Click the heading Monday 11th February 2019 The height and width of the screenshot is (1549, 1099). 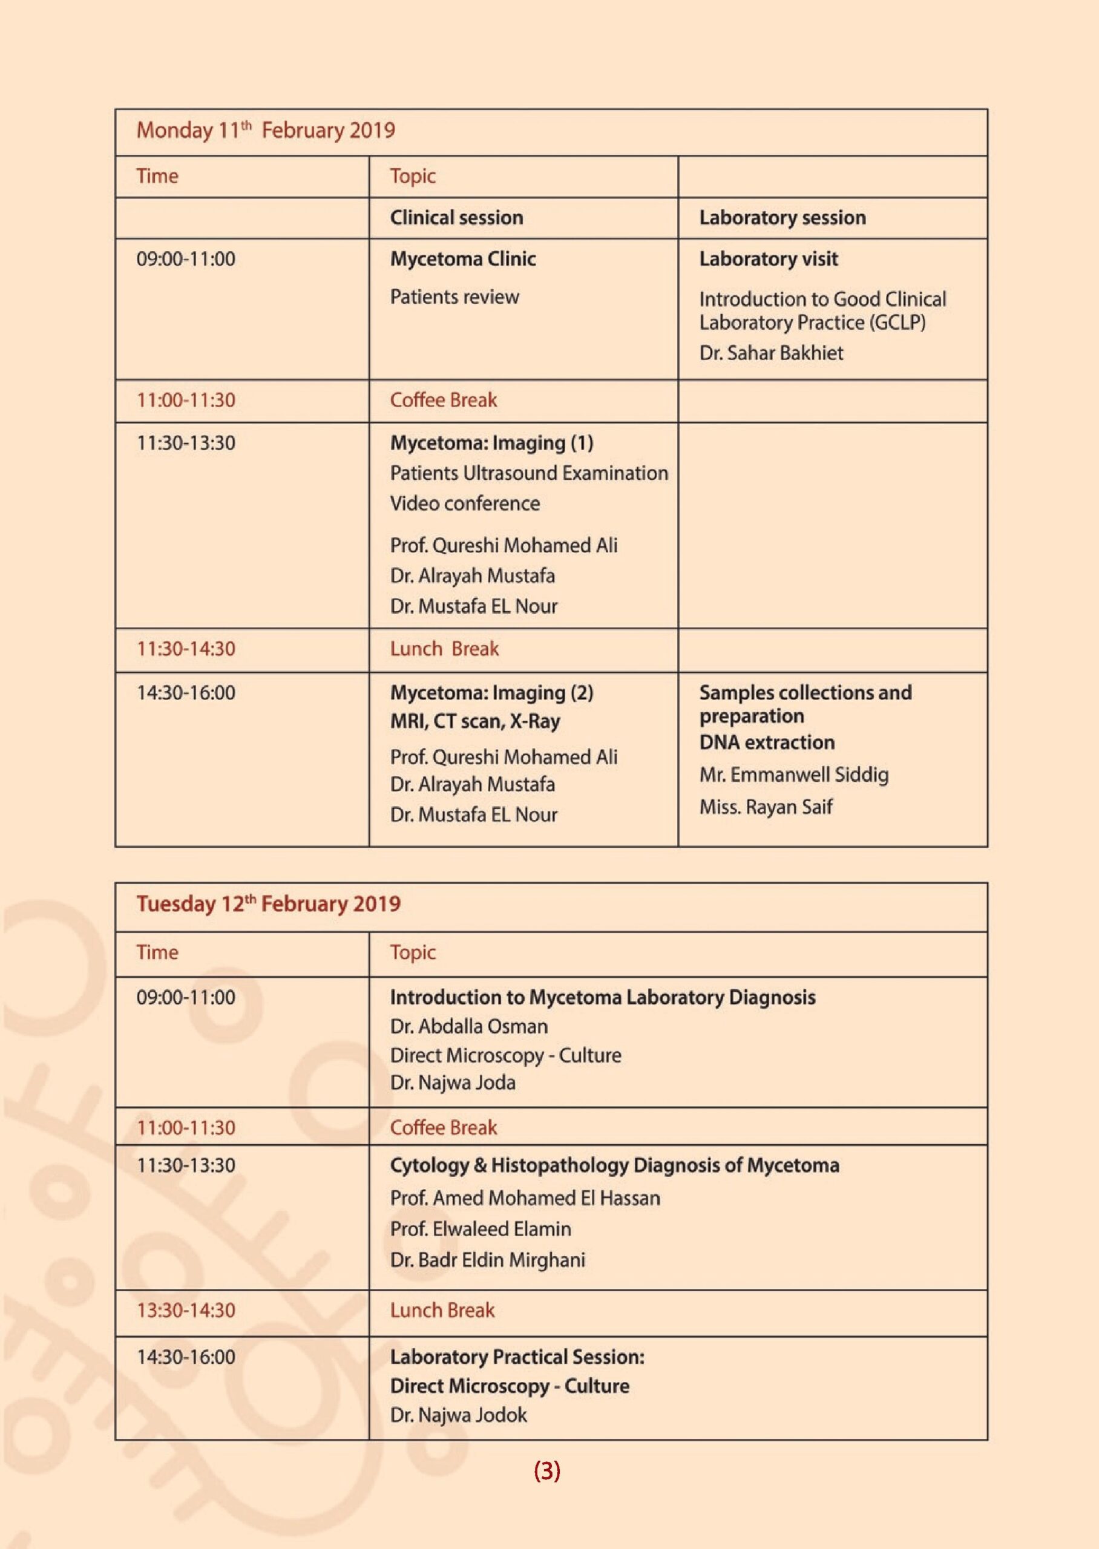click(x=265, y=130)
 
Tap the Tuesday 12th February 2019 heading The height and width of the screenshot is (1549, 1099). click(x=268, y=904)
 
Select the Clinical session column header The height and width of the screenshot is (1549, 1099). click(x=456, y=217)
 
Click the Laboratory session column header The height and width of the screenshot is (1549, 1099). click(x=782, y=217)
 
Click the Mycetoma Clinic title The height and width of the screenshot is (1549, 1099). click(x=463, y=258)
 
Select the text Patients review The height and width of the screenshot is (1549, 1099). click(x=454, y=296)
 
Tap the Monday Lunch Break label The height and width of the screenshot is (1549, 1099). click(x=444, y=649)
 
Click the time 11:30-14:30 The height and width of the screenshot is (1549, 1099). click(x=186, y=649)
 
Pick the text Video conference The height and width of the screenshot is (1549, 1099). click(x=465, y=503)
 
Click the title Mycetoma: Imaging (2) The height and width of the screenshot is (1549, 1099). click(x=491, y=693)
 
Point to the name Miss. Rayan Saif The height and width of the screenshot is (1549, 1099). click(x=766, y=807)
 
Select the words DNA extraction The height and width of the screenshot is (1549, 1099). click(x=767, y=742)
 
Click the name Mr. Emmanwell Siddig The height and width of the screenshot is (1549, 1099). click(x=794, y=774)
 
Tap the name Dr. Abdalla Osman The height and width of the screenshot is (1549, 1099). click(x=468, y=1026)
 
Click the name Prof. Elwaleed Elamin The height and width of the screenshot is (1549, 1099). click(x=480, y=1228)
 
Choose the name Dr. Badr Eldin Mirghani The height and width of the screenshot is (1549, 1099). click(x=487, y=1260)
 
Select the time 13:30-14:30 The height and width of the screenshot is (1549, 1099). click(x=186, y=1310)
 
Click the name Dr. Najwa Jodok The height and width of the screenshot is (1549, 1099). click(x=458, y=1415)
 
